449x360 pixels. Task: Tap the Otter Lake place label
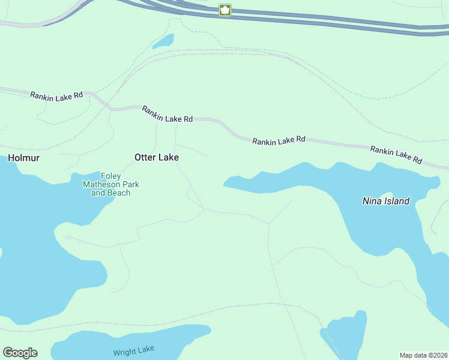(156, 157)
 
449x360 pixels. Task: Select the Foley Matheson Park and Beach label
(110, 184)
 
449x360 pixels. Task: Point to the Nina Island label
(386, 201)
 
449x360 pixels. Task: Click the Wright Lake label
(133, 350)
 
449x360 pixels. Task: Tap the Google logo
(20, 353)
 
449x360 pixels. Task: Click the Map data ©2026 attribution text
(423, 355)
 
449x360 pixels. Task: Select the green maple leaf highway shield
(225, 10)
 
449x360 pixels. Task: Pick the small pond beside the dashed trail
(163, 41)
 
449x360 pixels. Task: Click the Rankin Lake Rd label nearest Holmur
(56, 95)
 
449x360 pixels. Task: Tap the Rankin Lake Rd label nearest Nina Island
(396, 155)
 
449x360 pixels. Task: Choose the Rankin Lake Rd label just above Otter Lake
(167, 114)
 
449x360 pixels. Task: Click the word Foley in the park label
(110, 176)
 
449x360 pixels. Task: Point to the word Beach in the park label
(119, 193)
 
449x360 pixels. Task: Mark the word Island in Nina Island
(397, 201)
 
